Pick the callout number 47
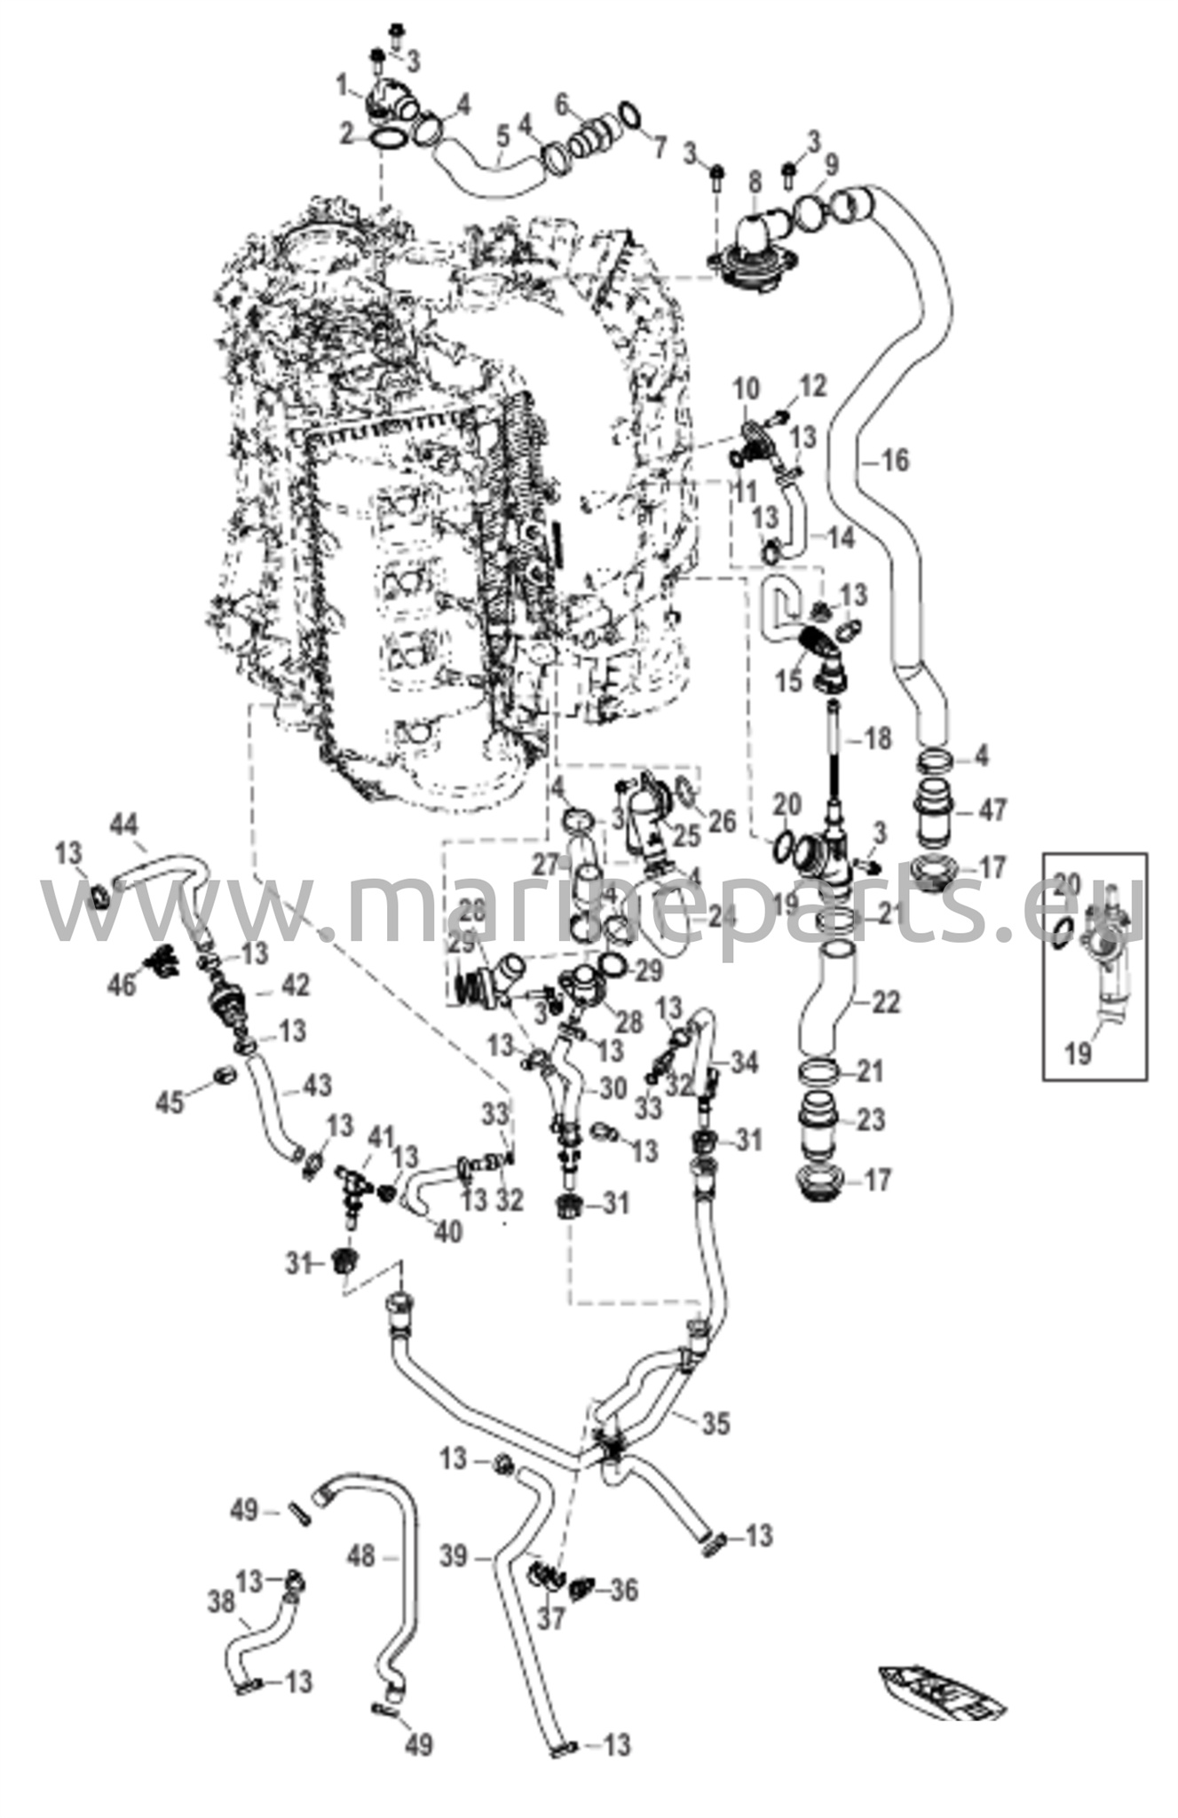[993, 810]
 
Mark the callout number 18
[878, 738]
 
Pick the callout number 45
[170, 1102]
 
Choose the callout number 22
[884, 1002]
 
